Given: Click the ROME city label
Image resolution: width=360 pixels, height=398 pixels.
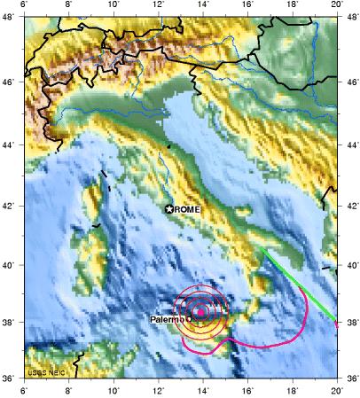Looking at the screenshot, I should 188,208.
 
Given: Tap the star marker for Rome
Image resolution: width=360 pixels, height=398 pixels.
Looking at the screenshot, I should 169,208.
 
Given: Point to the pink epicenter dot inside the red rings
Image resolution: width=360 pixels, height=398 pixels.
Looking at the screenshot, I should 201,312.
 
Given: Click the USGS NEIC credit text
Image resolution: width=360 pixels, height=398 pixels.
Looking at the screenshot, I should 44,372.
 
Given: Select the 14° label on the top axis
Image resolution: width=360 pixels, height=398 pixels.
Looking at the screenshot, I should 203,6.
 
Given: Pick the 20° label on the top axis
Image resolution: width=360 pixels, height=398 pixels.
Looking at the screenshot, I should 337,6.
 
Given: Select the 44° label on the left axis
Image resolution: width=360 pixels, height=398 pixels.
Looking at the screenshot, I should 11,144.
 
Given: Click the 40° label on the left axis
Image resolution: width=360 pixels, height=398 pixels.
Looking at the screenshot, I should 11,265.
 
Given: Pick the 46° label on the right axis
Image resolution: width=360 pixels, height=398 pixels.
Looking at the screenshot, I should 350,81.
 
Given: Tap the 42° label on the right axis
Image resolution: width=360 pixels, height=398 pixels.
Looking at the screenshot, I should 350,206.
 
